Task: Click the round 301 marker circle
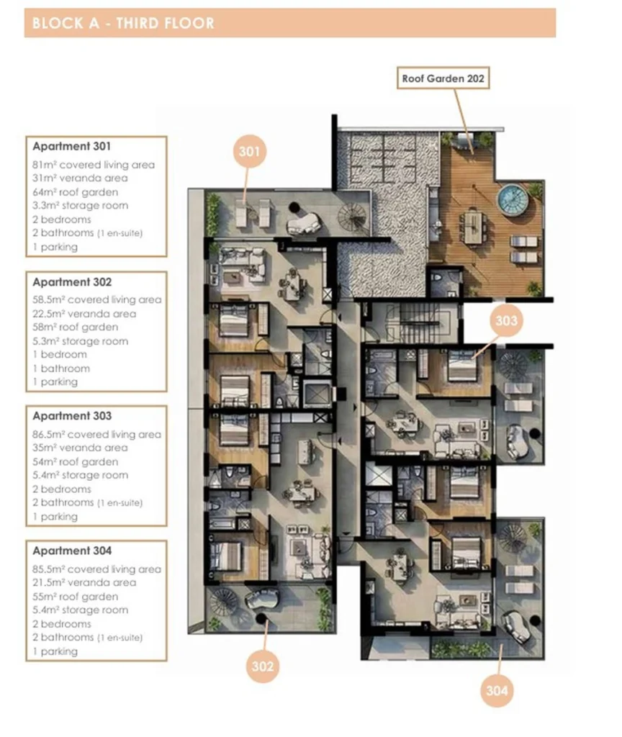coord(249,151)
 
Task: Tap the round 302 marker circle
coord(262,666)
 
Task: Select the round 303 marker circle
coord(506,320)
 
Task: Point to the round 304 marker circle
coord(497,690)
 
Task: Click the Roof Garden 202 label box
coord(443,78)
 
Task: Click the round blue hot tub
coord(513,199)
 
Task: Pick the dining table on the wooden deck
coord(474,227)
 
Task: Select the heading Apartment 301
coord(71,146)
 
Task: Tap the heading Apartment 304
coord(72,551)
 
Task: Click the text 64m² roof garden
coord(75,191)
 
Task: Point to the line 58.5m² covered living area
coord(97,299)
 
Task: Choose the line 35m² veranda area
coord(80,448)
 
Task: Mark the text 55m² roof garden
coord(75,597)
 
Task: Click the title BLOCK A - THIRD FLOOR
coord(123,23)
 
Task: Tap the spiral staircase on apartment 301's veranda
coord(351,217)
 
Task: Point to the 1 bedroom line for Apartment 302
coord(60,354)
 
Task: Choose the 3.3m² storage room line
coord(81,205)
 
